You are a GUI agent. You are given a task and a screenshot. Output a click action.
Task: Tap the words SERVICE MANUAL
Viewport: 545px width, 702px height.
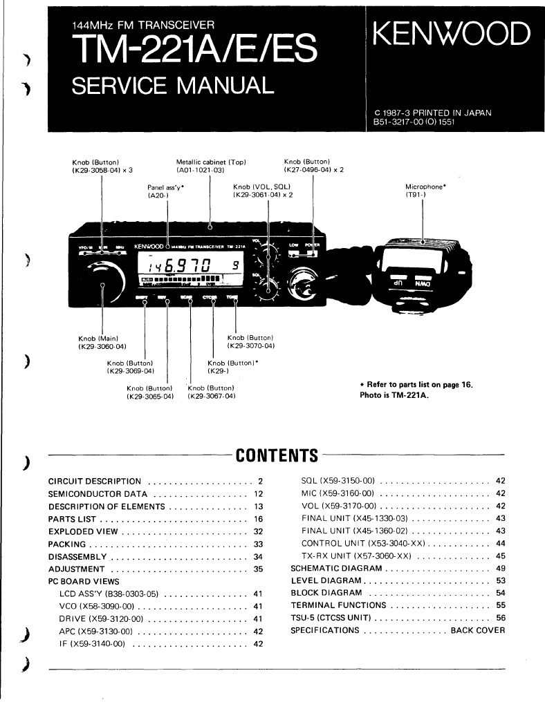173,85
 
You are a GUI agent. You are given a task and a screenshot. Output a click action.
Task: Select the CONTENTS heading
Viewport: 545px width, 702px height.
277,455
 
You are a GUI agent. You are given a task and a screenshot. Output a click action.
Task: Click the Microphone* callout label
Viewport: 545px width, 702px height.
425,187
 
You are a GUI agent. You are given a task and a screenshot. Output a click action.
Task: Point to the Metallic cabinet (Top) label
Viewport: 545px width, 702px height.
211,162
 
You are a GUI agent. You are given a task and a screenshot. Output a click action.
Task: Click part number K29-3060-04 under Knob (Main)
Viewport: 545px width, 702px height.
102,346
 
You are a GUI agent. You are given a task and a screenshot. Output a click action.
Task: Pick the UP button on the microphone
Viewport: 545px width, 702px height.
400,283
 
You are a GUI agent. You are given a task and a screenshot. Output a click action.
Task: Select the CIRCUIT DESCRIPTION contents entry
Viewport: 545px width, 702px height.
95,481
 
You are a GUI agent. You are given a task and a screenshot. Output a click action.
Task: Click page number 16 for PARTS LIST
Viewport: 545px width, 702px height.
259,518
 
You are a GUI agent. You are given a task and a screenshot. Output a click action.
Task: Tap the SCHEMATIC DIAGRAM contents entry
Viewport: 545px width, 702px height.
337,569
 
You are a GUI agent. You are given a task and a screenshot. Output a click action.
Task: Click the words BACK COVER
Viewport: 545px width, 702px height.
478,630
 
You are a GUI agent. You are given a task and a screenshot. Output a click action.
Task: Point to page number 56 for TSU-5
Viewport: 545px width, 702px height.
501,618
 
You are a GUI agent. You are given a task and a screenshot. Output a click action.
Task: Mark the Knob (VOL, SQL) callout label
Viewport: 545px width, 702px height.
262,187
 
